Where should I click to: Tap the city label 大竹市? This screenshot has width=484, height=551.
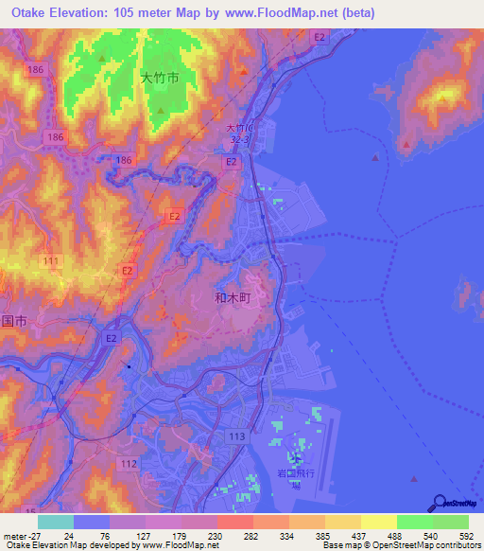(x=159, y=80)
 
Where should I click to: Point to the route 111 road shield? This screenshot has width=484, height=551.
(x=51, y=261)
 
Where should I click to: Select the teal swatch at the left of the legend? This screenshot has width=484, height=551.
(x=55, y=522)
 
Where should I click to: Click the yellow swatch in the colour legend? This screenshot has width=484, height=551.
(x=378, y=522)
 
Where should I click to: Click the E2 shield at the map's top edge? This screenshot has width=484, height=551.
(x=320, y=37)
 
